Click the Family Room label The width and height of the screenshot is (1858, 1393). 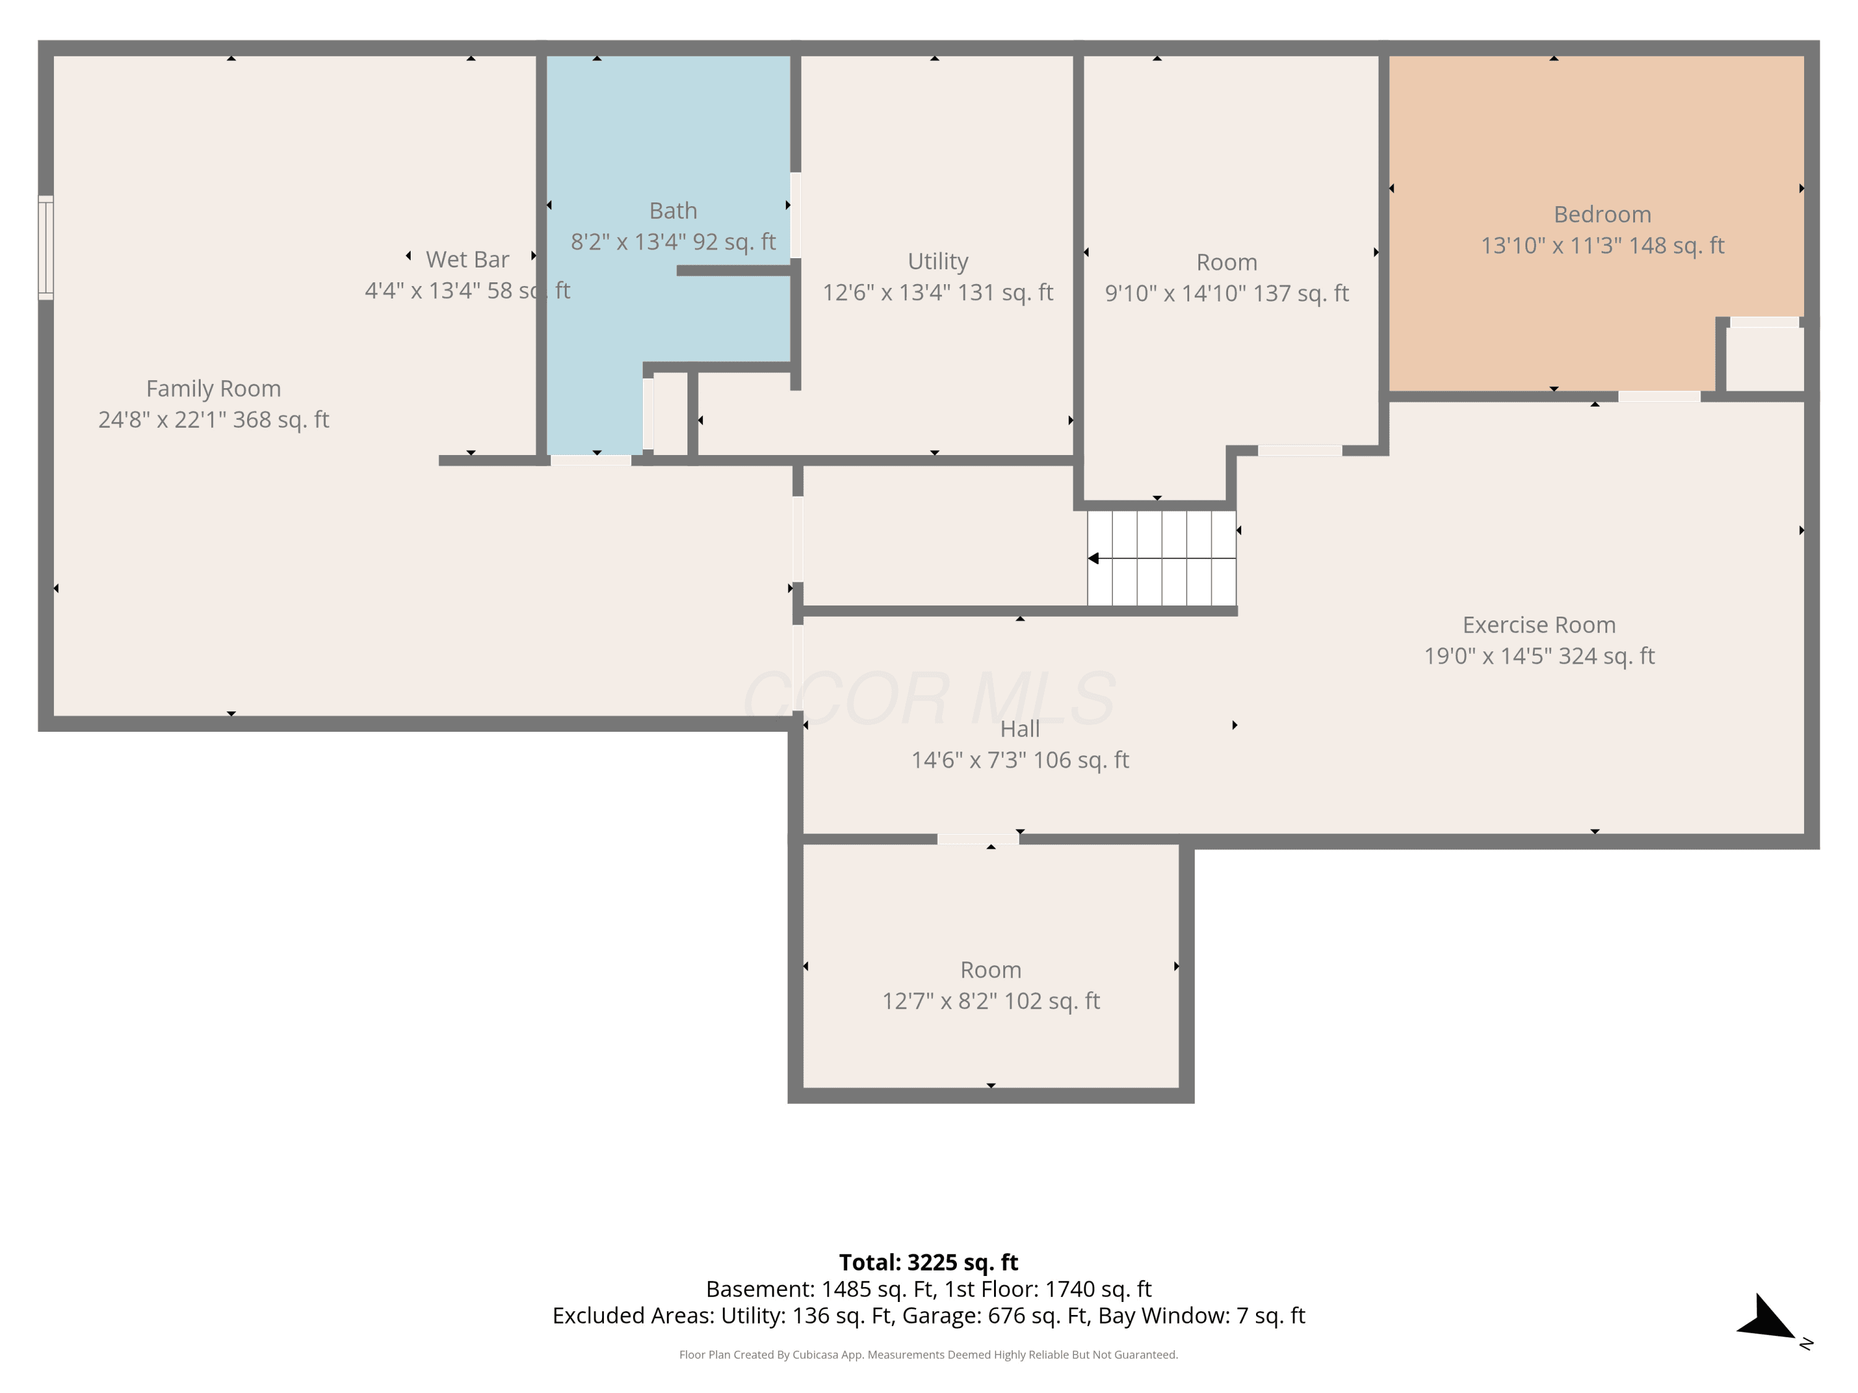pyautogui.click(x=213, y=389)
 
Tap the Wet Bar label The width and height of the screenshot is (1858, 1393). pyautogui.click(x=467, y=259)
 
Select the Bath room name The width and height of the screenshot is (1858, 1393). pyautogui.click(x=673, y=210)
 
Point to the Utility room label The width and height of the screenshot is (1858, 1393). pyautogui.click(x=938, y=262)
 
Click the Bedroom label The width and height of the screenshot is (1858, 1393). pyautogui.click(x=1602, y=214)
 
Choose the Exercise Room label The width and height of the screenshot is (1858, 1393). pyautogui.click(x=1539, y=625)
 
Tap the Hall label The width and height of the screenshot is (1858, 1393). pyautogui.click(x=1019, y=729)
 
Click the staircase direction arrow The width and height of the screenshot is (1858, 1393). pyautogui.click(x=1162, y=558)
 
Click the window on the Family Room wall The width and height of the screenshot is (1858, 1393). pyautogui.click(x=46, y=248)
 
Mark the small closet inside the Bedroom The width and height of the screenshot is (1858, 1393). pyautogui.click(x=1764, y=358)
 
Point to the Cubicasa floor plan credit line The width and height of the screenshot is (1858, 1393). pyautogui.click(x=928, y=1355)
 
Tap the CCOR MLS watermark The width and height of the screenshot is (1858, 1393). pyautogui.click(x=929, y=698)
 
